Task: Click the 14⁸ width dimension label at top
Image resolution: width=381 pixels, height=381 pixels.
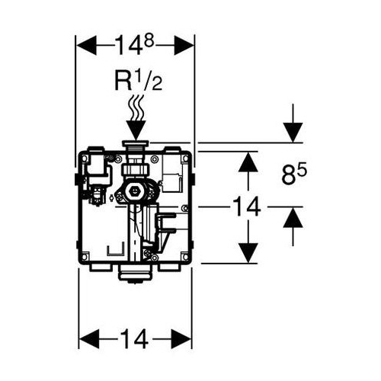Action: click(x=135, y=45)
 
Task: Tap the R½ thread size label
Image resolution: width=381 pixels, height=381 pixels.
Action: click(x=139, y=80)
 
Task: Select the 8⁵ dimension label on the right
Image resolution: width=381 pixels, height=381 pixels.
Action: click(x=294, y=174)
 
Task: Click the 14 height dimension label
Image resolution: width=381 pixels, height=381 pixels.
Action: click(x=247, y=207)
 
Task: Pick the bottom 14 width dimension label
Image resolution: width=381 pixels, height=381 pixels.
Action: click(x=134, y=162)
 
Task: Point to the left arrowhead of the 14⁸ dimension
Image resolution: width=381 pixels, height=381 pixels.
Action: click(x=87, y=45)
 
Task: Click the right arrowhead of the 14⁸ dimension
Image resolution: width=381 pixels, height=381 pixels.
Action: click(x=184, y=45)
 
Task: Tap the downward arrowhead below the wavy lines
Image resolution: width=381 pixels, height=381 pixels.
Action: click(x=136, y=130)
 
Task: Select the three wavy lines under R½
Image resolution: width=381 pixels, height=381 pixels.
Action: click(x=136, y=108)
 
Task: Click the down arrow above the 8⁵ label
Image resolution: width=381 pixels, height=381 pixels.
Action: click(x=293, y=123)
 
